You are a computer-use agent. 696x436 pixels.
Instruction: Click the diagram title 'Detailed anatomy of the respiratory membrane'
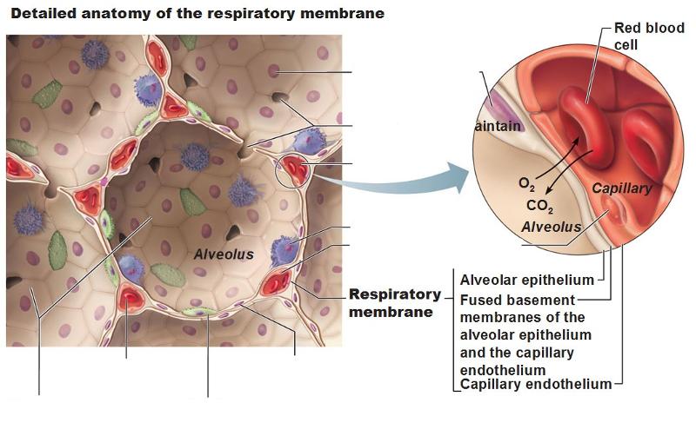pyautogui.click(x=185, y=15)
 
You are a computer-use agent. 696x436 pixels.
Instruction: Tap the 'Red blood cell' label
pyautogui.click(x=649, y=36)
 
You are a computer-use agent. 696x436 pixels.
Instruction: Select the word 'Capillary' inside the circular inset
pyautogui.click(x=621, y=188)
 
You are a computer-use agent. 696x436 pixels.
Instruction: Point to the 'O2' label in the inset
pyautogui.click(x=527, y=184)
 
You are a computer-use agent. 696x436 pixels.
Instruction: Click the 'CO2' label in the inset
pyautogui.click(x=539, y=207)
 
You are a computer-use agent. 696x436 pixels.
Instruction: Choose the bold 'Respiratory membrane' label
pyautogui.click(x=395, y=302)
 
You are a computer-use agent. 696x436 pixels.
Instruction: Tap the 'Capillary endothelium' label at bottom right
pyautogui.click(x=536, y=384)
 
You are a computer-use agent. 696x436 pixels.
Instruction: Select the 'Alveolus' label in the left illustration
pyautogui.click(x=224, y=254)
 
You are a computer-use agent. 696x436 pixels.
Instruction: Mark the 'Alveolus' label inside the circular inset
pyautogui.click(x=551, y=227)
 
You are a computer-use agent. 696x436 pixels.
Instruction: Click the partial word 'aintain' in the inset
pyautogui.click(x=499, y=126)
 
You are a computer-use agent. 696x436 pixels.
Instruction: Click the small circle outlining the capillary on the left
pyautogui.click(x=293, y=169)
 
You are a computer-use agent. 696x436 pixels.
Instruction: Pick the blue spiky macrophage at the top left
pyautogui.click(x=94, y=55)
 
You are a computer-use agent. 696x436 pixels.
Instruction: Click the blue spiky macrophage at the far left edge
pyautogui.click(x=29, y=218)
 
